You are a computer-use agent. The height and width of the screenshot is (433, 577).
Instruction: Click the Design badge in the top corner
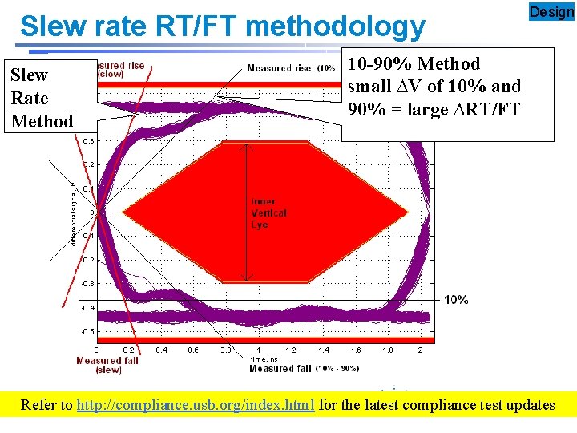coord(552,12)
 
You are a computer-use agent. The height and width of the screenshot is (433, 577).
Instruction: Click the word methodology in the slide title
coord(337,26)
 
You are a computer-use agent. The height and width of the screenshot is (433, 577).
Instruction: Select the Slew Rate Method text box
coord(42,98)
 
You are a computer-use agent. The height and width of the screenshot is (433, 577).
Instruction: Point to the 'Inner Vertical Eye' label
coord(269,213)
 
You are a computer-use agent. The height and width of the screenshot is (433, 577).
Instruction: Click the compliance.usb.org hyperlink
coord(196,405)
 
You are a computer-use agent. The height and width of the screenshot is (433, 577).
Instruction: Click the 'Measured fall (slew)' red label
coord(108,365)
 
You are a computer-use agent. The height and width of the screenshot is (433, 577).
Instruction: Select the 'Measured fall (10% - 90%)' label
coord(304,369)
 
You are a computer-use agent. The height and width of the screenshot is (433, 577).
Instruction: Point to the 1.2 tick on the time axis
coord(290,350)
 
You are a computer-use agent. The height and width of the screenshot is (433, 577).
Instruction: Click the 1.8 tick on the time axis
coord(388,350)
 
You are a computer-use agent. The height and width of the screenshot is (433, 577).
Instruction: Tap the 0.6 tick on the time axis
coord(193,350)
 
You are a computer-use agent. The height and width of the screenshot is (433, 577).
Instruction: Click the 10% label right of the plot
coord(456,300)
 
